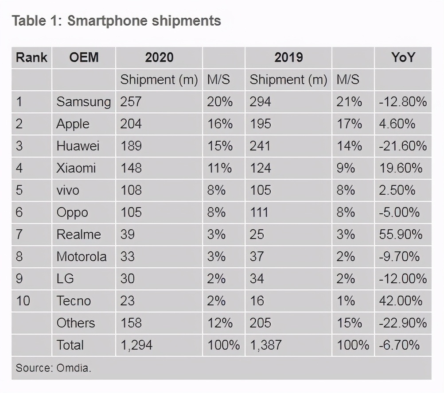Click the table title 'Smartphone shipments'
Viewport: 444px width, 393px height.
pyautogui.click(x=116, y=21)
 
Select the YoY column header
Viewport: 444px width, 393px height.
pyautogui.click(x=403, y=58)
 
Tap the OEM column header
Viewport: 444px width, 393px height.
pyautogui.click(x=84, y=58)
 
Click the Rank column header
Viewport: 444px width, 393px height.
pyautogui.click(x=31, y=58)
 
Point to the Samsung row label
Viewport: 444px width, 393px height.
pyautogui.click(x=83, y=102)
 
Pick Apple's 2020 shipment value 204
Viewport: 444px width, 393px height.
pyautogui.click(x=131, y=124)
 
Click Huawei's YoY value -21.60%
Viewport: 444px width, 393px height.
pyautogui.click(x=403, y=146)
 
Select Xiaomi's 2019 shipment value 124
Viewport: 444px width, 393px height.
pyautogui.click(x=260, y=168)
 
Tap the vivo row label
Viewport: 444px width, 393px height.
pyautogui.click(x=68, y=190)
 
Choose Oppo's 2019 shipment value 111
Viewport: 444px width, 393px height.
pyautogui.click(x=259, y=212)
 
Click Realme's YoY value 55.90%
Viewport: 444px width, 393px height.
pyautogui.click(x=400, y=235)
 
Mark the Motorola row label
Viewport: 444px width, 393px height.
pyautogui.click(x=82, y=257)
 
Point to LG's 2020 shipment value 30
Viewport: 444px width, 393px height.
pyautogui.click(x=128, y=279)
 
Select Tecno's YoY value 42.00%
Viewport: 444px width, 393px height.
pyautogui.click(x=401, y=301)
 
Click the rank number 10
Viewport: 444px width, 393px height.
pyautogui.click(x=23, y=301)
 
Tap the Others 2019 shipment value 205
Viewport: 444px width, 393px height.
pyautogui.click(x=261, y=323)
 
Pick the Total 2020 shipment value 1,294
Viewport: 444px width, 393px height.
pyautogui.click(x=136, y=345)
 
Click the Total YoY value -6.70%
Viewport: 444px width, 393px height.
pyautogui.click(x=399, y=345)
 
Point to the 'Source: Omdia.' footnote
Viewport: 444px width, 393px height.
pyautogui.click(x=54, y=368)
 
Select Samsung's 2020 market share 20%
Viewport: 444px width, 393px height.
pyautogui.click(x=220, y=102)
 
